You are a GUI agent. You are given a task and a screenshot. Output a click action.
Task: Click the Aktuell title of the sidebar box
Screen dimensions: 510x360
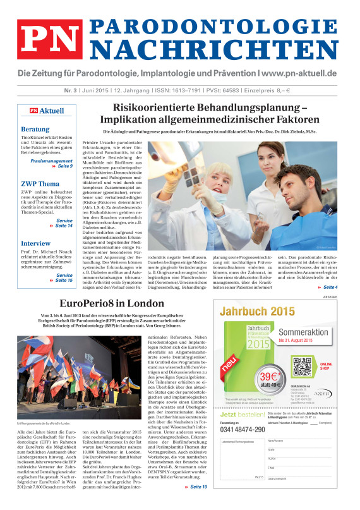point(52,111)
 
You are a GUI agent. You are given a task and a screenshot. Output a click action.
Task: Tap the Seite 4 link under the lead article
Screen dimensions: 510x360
point(330,270)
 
